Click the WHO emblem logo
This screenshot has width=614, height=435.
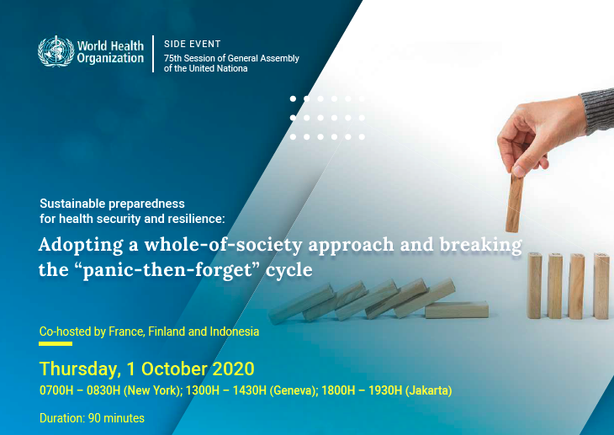tap(56, 51)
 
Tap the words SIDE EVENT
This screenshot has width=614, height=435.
tap(193, 44)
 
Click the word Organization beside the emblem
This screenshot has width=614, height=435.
tap(110, 58)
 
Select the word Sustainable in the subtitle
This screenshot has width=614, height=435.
tap(72, 204)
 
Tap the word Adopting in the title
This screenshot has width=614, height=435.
tap(81, 245)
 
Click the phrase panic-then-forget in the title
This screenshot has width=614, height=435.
tap(167, 269)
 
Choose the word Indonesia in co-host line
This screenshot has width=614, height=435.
tap(234, 332)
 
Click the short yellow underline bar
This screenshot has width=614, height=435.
tap(56, 343)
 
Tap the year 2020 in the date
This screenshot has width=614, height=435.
tap(234, 369)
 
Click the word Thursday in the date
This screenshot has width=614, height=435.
tap(78, 369)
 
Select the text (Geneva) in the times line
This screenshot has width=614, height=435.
tap(294, 390)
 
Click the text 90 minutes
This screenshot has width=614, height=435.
tap(116, 418)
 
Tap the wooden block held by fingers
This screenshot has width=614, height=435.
tap(514, 203)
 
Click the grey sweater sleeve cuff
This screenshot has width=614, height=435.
tap(597, 110)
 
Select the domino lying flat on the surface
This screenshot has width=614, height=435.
tap(457, 309)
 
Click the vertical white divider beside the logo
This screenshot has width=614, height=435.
tap(153, 54)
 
